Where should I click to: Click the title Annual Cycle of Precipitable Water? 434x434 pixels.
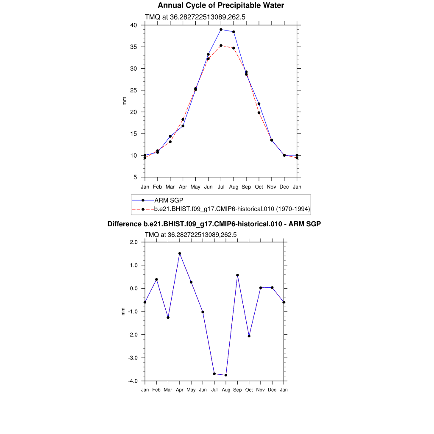click(221, 6)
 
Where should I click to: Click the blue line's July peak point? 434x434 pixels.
click(221, 30)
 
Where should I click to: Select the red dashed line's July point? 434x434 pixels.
click(221, 45)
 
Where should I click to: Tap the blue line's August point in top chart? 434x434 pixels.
click(234, 32)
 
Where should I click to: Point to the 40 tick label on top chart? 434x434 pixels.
click(134, 25)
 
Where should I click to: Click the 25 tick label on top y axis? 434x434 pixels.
click(134, 90)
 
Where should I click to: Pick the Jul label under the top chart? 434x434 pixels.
click(221, 187)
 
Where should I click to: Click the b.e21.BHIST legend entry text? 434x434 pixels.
click(232, 209)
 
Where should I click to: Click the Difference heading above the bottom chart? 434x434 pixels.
click(214, 224)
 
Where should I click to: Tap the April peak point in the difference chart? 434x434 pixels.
click(180, 253)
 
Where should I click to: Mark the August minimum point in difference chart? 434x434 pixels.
click(226, 375)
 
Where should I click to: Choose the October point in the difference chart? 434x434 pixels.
click(249, 336)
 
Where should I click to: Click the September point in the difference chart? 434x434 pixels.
click(237, 275)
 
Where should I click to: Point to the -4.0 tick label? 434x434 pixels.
click(133, 381)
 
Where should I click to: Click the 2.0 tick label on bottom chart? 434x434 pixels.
click(134, 242)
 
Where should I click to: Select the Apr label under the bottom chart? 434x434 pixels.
click(180, 390)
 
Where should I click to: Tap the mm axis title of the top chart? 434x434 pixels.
click(125, 101)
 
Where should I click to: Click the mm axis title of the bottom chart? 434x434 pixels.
click(123, 312)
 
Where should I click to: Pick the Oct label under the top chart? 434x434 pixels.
click(259, 187)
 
